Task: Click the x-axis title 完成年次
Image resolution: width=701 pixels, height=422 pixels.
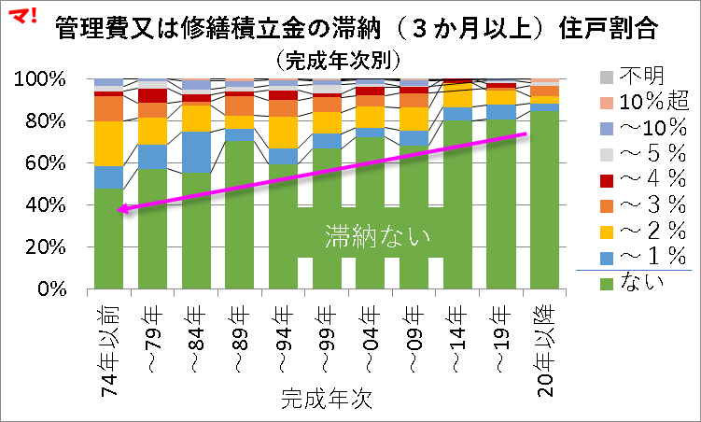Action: (x=327, y=400)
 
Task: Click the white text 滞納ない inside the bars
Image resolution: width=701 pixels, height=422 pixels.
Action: (x=377, y=236)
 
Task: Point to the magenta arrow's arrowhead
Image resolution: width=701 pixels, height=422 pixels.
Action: (x=121, y=210)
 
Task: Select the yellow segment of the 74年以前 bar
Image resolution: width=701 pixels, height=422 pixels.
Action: (x=108, y=144)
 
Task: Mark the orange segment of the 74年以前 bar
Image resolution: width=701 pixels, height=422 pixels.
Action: (x=108, y=108)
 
